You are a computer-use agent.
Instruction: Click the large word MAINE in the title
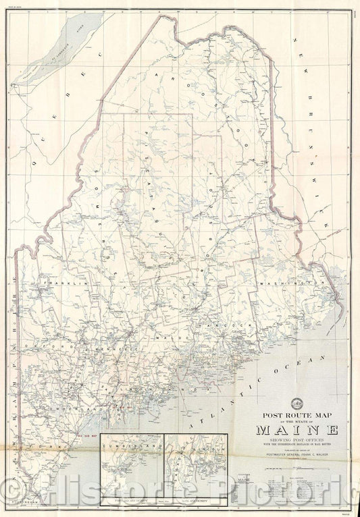pos(297,429)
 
